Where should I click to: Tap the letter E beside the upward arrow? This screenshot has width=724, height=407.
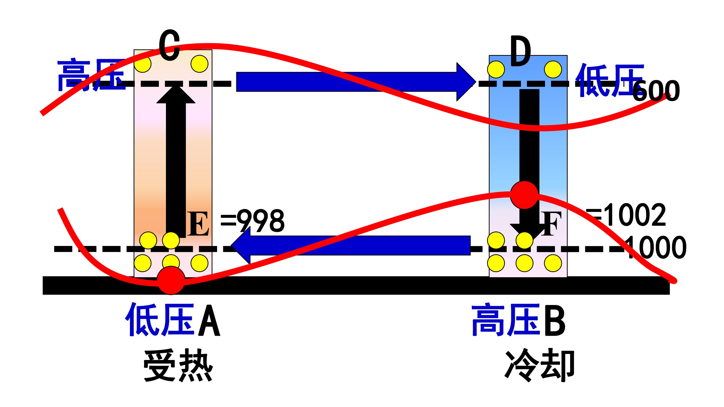click(198, 224)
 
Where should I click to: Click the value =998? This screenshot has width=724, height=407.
click(252, 221)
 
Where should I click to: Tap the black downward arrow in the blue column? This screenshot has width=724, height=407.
click(529, 166)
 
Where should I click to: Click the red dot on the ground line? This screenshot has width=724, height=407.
click(171, 280)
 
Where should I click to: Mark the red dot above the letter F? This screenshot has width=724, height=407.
click(524, 195)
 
